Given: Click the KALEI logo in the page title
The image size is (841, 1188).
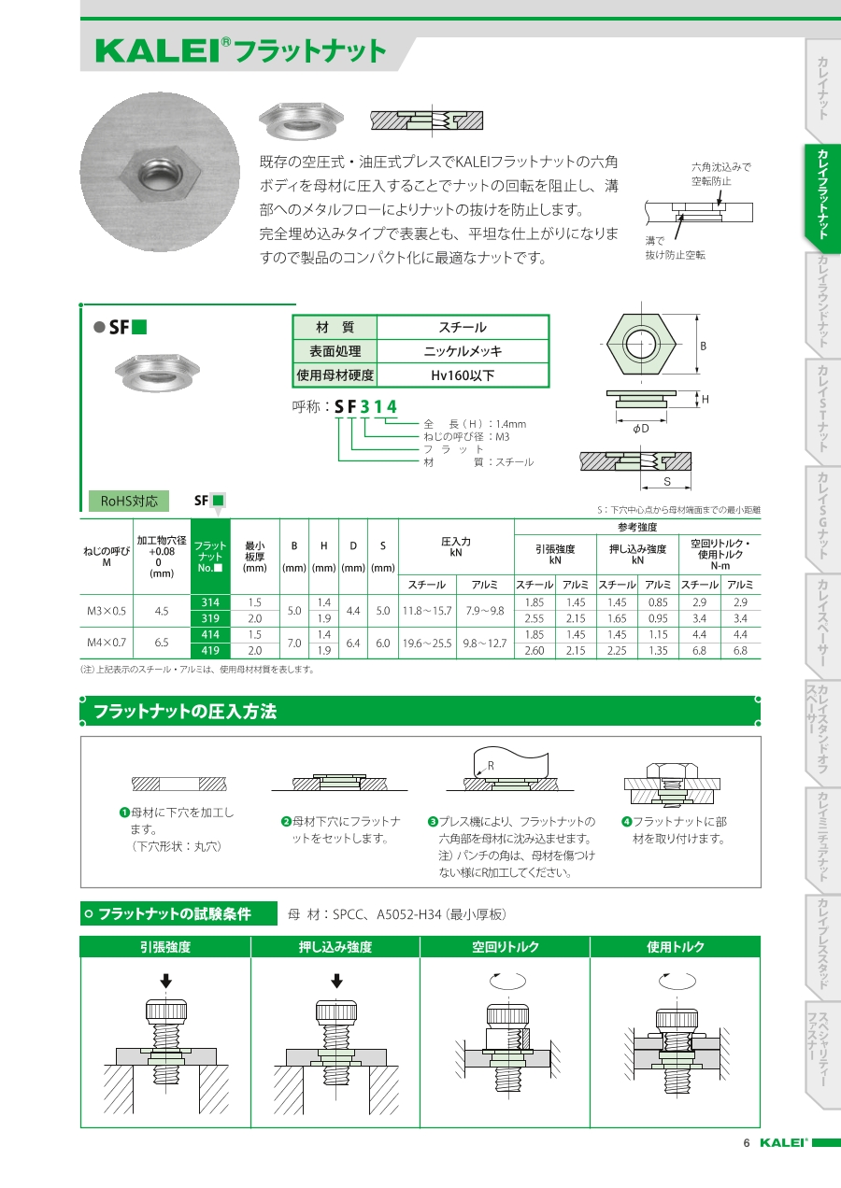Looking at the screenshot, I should click(157, 51).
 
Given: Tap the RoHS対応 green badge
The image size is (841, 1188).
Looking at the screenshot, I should click(129, 501).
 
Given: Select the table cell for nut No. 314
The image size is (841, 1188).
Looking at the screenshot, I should click(210, 602).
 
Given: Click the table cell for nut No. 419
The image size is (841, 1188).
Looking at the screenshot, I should click(210, 650).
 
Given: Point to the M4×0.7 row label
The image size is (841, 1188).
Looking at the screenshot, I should click(107, 643).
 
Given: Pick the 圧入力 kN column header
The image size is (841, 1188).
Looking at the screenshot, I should click(455, 546).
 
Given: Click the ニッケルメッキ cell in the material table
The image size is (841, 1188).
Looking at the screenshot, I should click(462, 351).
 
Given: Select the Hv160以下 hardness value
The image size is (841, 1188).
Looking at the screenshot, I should click(462, 375).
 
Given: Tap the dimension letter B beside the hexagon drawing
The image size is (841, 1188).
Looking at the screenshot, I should click(704, 346).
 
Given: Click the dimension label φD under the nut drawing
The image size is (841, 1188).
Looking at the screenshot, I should click(640, 429).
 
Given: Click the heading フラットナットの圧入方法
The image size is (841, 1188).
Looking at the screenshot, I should click(184, 712).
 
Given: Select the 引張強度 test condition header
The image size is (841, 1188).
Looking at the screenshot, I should click(164, 946).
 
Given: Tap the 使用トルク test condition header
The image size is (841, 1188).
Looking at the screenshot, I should click(675, 946).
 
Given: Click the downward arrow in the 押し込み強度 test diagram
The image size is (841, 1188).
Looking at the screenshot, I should click(335, 981).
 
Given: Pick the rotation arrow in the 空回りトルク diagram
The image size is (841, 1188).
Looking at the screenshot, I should click(506, 982).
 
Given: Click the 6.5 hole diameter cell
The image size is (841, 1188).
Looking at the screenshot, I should click(162, 643).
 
